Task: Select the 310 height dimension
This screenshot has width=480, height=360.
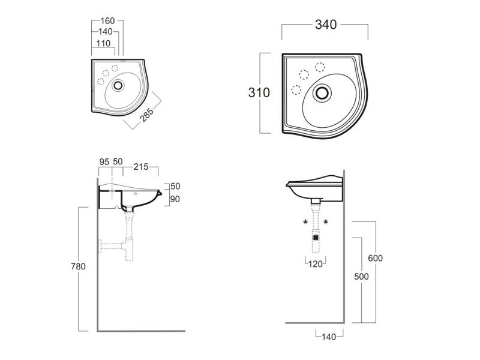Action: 259,92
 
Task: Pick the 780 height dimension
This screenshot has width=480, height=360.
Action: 78,266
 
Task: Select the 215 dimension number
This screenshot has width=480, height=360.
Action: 141,162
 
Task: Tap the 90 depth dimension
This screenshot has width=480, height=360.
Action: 175,199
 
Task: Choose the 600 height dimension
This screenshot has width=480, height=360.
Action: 375,258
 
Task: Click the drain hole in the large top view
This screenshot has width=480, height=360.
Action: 323,92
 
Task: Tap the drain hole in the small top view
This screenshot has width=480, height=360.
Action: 119,85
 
